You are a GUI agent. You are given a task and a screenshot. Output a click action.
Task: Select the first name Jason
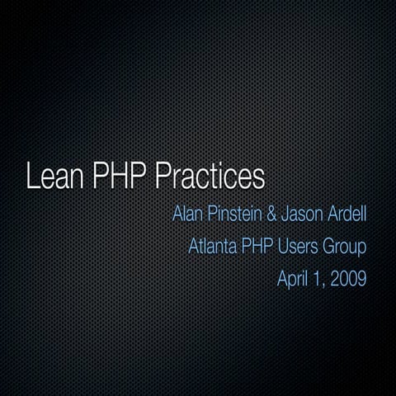300,215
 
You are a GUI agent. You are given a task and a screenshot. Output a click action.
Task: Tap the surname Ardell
346,215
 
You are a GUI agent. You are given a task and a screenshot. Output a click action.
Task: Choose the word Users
298,246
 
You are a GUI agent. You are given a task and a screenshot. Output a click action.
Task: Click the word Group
344,246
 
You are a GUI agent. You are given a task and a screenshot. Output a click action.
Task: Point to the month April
293,277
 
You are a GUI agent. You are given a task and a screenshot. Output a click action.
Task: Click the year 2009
347,277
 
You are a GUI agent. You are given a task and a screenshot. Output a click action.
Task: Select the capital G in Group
328,246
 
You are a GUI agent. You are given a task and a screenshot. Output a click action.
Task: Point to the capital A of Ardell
330,215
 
